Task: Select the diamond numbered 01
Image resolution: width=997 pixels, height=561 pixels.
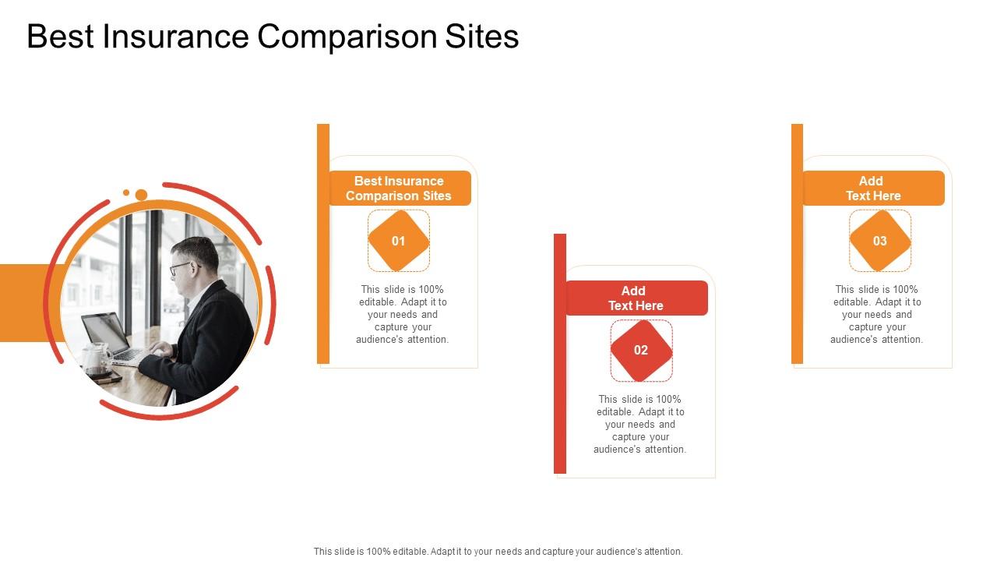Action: point(399,241)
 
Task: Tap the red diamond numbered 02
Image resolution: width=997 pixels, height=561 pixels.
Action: point(641,351)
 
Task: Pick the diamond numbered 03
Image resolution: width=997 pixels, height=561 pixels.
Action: point(879,241)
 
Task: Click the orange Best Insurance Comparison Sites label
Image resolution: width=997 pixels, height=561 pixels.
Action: point(399,189)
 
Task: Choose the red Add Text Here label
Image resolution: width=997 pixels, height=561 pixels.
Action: point(636,298)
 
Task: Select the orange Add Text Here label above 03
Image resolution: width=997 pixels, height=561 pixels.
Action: point(873,189)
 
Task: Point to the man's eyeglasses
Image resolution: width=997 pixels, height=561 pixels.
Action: point(181,267)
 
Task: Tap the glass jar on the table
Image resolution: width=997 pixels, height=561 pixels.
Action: point(94,358)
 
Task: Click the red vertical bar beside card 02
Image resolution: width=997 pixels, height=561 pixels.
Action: point(559,354)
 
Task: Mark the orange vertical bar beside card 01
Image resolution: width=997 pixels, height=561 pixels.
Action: point(323,244)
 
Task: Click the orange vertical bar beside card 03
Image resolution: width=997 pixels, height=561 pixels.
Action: point(797,244)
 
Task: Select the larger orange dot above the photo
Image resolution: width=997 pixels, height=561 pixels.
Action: point(141,195)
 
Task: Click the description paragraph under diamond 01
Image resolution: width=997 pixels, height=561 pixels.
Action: point(402,315)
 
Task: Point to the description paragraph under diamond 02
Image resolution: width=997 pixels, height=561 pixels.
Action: point(640,425)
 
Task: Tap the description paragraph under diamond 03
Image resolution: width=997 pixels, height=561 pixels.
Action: point(877,315)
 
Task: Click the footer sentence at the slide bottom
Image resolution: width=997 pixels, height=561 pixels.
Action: point(498,551)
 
